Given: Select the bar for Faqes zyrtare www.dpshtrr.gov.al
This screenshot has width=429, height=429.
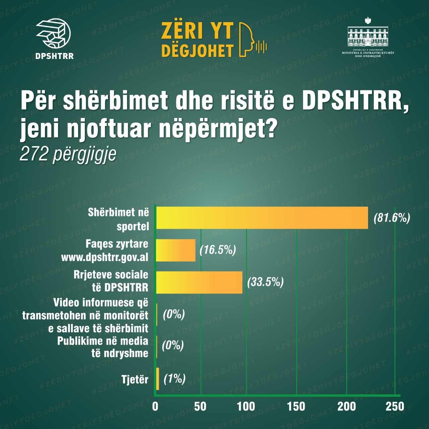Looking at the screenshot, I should pyautogui.click(x=176, y=250).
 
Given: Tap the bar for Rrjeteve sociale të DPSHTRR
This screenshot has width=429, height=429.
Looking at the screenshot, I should pyautogui.click(x=199, y=282).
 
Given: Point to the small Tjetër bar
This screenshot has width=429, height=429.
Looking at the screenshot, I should pyautogui.click(x=158, y=379).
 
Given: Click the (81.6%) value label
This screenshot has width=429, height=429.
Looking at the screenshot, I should pyautogui.click(x=392, y=218).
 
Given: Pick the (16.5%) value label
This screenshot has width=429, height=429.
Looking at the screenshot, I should pyautogui.click(x=218, y=250).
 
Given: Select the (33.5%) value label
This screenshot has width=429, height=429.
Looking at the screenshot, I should pyautogui.click(x=265, y=282).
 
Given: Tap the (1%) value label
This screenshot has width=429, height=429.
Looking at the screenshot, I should pyautogui.click(x=174, y=379).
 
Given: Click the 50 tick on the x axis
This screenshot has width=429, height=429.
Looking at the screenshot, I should pyautogui.click(x=200, y=407).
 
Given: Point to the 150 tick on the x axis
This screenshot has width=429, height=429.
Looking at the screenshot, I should pyautogui.click(x=296, y=407).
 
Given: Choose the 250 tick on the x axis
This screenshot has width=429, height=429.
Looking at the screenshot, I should pyautogui.click(x=395, y=407).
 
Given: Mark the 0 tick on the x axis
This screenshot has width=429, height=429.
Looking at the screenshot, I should pyautogui.click(x=155, y=407).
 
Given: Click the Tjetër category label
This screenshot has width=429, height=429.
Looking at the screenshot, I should pyautogui.click(x=135, y=380).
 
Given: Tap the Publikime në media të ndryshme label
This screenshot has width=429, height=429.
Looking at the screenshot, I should pyautogui.click(x=103, y=347).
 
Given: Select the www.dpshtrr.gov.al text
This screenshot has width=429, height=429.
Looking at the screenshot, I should pyautogui.click(x=105, y=257).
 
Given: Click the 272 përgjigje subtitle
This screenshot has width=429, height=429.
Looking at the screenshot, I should pyautogui.click(x=68, y=155).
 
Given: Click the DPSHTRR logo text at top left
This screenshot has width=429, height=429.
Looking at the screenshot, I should pyautogui.click(x=54, y=56).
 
